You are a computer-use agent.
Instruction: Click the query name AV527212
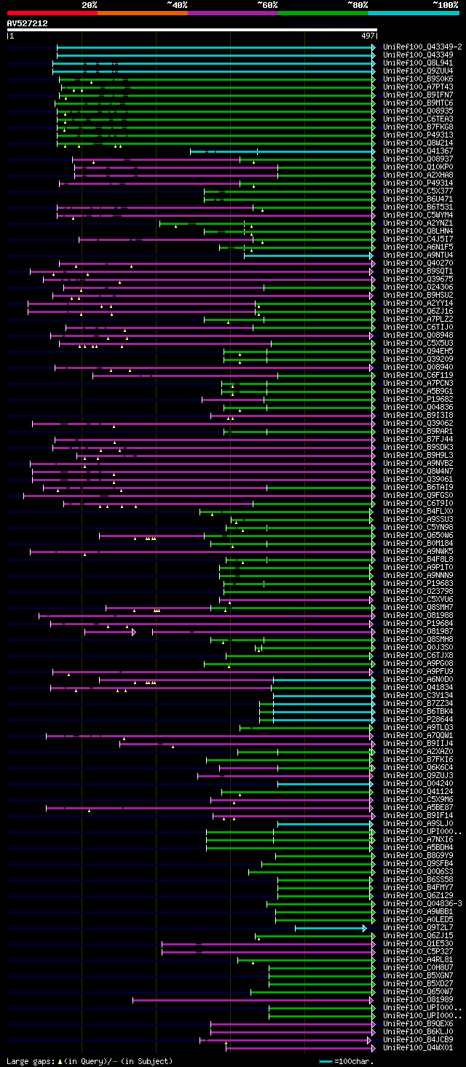(x=28, y=23)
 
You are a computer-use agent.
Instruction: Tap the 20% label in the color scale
(x=90, y=4)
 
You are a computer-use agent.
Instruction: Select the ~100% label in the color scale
(x=446, y=4)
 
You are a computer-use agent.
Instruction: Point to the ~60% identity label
(x=267, y=4)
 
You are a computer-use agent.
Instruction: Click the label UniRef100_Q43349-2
(x=422, y=47)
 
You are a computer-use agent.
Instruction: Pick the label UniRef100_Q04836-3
(x=422, y=903)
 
